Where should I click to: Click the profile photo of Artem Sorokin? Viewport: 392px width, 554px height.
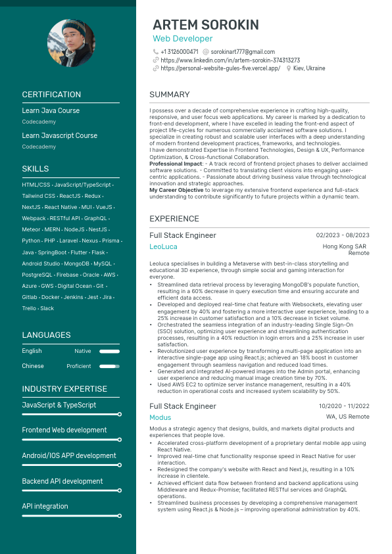click(71, 43)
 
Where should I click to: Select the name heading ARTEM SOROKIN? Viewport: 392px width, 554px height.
click(205, 25)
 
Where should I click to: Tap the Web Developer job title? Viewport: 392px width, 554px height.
click(183, 39)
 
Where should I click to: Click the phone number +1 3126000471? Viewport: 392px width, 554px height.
click(179, 52)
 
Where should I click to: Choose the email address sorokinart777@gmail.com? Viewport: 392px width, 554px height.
click(243, 52)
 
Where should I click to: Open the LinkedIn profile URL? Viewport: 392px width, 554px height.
click(230, 60)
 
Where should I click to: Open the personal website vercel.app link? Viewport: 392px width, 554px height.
click(220, 68)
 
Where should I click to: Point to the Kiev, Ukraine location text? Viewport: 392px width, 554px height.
click(309, 68)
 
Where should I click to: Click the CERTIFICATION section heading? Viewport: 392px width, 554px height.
click(51, 95)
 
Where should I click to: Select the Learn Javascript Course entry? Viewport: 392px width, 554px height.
click(55, 135)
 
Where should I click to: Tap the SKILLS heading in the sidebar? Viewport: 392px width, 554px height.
click(36, 169)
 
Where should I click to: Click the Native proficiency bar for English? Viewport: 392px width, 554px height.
click(110, 352)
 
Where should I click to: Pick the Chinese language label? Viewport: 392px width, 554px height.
click(33, 366)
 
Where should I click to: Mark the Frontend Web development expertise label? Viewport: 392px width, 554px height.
click(64, 430)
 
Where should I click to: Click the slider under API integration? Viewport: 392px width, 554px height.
click(71, 516)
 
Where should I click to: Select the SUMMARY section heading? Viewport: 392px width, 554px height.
click(169, 95)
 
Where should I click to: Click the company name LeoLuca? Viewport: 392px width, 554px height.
click(163, 247)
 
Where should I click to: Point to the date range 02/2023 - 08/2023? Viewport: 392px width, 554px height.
click(343, 235)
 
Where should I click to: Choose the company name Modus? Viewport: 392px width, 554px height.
click(160, 417)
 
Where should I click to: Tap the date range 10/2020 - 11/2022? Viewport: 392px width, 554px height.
click(344, 406)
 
